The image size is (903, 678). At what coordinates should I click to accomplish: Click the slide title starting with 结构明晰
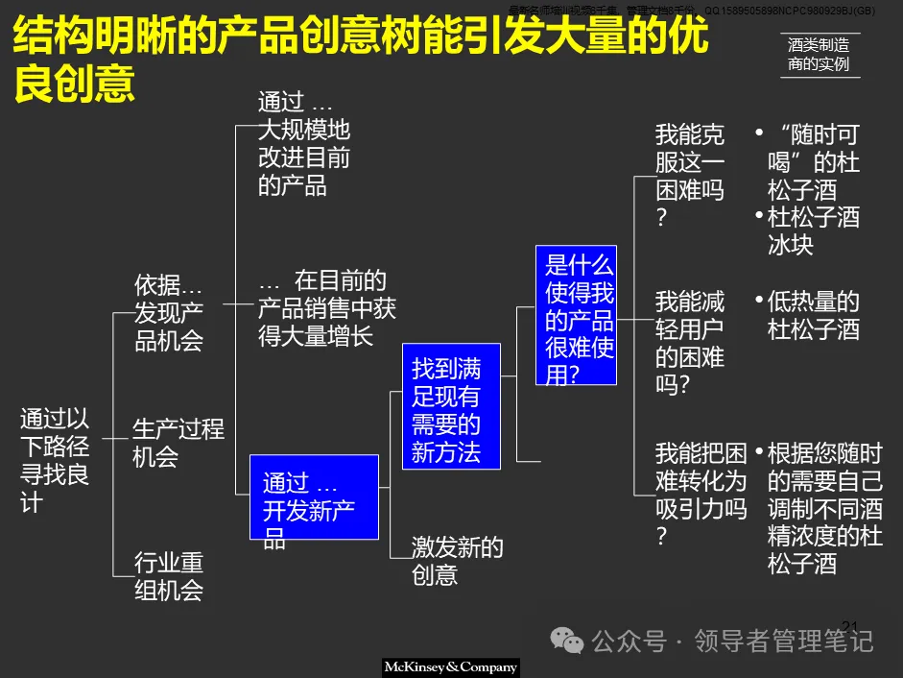pos(360,60)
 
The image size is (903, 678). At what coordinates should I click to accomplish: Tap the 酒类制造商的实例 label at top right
pos(818,55)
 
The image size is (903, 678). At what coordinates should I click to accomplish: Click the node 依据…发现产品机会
pos(168,312)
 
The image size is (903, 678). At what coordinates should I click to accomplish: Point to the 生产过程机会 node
pos(178,442)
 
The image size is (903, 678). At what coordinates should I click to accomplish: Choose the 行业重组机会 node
pos(168,575)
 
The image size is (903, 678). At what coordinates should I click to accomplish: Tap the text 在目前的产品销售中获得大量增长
pos(326,308)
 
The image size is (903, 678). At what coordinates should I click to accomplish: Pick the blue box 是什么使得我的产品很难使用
pos(575,315)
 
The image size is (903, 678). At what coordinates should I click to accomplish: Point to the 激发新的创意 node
pos(457,561)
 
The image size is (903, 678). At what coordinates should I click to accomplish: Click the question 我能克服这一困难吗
pos(689,176)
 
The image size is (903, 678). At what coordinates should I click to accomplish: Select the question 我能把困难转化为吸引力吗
pos(699,494)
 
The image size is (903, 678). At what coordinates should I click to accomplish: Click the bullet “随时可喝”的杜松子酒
pos(812,161)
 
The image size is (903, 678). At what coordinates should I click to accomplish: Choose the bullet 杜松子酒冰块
pos(812,230)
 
